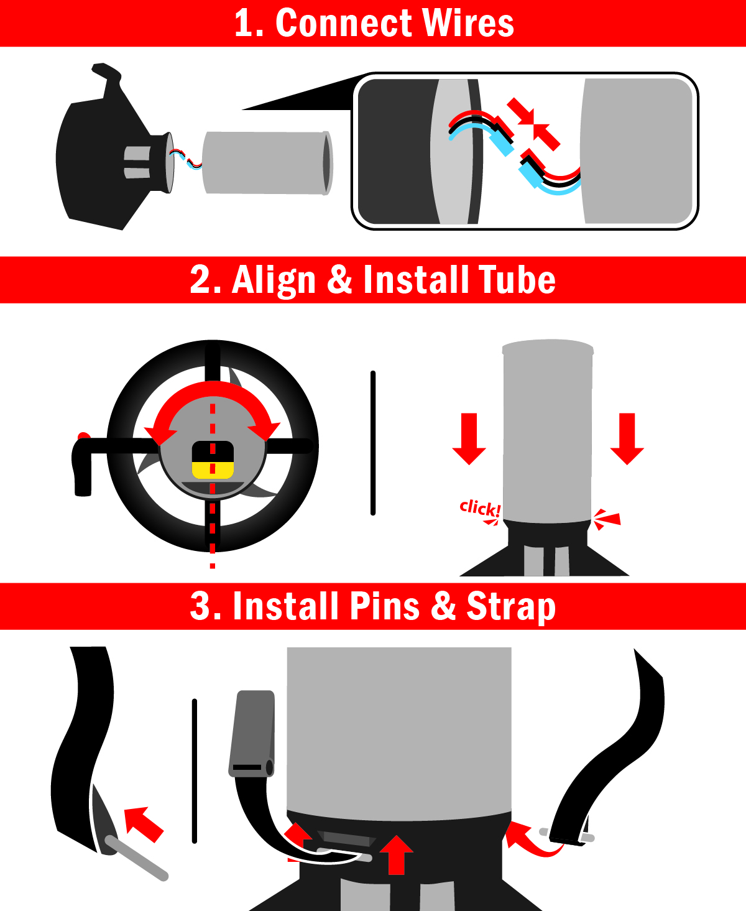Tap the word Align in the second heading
click(274, 281)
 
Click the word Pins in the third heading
click(384, 606)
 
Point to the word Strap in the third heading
click(511, 608)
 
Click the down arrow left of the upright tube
click(469, 438)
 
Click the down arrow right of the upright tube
click(627, 438)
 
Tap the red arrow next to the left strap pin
click(144, 824)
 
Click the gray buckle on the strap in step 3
click(252, 734)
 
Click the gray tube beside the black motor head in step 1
click(267, 163)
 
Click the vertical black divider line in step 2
click(373, 443)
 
